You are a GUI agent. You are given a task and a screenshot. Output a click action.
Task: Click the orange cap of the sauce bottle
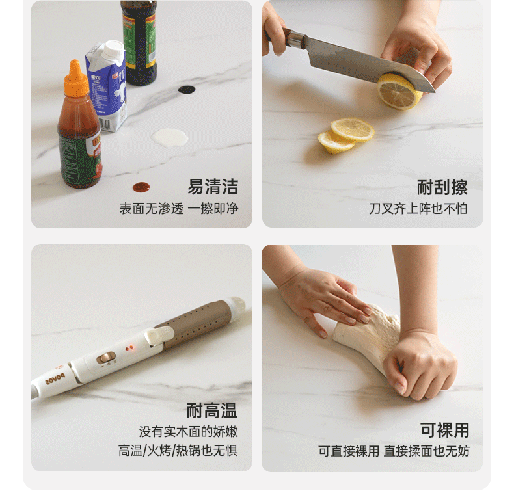pyautogui.click(x=75, y=78)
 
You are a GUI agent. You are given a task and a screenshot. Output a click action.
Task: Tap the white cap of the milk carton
pyautogui.click(x=114, y=48)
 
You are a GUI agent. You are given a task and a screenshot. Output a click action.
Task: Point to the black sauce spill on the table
pyautogui.click(x=187, y=90)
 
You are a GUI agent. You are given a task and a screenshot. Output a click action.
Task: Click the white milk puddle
pyautogui.click(x=169, y=137)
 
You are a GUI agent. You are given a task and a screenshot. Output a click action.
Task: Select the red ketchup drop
pyautogui.click(x=141, y=187)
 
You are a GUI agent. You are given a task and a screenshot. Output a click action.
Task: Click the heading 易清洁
pyautogui.click(x=212, y=187)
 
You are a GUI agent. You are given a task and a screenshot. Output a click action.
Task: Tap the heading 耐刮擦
pyautogui.click(x=442, y=187)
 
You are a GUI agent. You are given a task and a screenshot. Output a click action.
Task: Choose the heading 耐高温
pyautogui.click(x=211, y=410)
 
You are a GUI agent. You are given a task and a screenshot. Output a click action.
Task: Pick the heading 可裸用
pyautogui.click(x=445, y=430)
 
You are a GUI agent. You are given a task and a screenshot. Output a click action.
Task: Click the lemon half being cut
pyautogui.click(x=399, y=92)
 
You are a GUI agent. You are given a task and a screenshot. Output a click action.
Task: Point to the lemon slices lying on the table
pyautogui.click(x=346, y=136)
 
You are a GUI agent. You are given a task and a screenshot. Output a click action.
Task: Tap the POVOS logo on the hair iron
pyautogui.click(x=55, y=378)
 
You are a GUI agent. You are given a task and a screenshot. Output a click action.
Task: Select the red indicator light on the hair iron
pyautogui.click(x=131, y=347)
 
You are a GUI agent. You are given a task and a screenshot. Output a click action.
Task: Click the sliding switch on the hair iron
pyautogui.click(x=105, y=358)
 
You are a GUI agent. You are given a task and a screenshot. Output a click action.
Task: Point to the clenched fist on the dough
pyautogui.click(x=421, y=366)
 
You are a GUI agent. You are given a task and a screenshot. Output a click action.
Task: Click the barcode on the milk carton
pyautogui.click(x=105, y=124)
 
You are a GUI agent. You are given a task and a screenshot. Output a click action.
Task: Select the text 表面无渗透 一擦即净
pyautogui.click(x=179, y=209)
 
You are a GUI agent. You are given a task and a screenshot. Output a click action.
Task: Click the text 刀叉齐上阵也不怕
pyautogui.click(x=418, y=209)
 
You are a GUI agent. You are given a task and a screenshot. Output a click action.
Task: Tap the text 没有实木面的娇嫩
pyautogui.click(x=188, y=432)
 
